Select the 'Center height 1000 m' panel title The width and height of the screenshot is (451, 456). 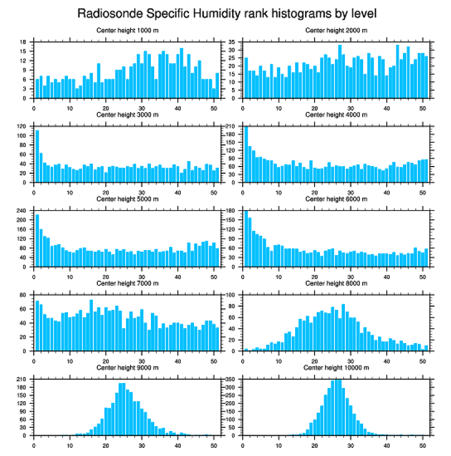127,30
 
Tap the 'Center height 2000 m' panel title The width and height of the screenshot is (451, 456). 336,30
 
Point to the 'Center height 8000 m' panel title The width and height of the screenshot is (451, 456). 336,283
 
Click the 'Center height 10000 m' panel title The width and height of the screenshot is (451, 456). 336,367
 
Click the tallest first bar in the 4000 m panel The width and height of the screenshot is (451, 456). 246,154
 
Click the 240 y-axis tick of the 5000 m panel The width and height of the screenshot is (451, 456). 22,211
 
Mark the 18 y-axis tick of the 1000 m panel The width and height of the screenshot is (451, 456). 24,42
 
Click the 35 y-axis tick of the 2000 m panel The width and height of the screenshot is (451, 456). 233,42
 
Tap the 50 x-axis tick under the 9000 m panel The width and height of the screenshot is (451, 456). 214,444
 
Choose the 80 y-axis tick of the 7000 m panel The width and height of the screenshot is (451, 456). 24,295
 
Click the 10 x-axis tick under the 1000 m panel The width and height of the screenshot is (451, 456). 70,106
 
